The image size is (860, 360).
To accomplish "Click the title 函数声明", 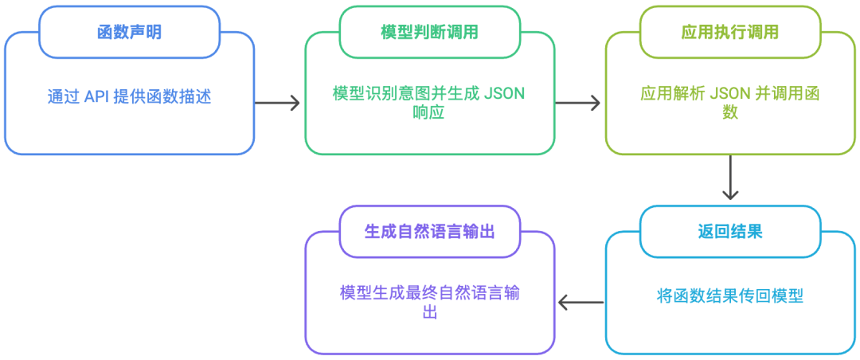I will point(129,33).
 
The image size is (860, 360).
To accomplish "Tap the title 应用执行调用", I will point(729,33).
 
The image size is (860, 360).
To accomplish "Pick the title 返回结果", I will point(729,232).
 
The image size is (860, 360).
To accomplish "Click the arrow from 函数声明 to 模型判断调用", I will point(278,103).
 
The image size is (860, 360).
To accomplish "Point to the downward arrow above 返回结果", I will point(729,178).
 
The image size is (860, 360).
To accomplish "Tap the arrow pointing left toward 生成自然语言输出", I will point(580,302).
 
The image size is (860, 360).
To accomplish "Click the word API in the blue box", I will point(97,96).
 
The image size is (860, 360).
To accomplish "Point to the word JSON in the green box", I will point(505,92).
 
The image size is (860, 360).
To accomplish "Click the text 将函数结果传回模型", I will point(729,295).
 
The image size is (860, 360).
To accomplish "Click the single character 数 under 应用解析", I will point(729,112).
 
